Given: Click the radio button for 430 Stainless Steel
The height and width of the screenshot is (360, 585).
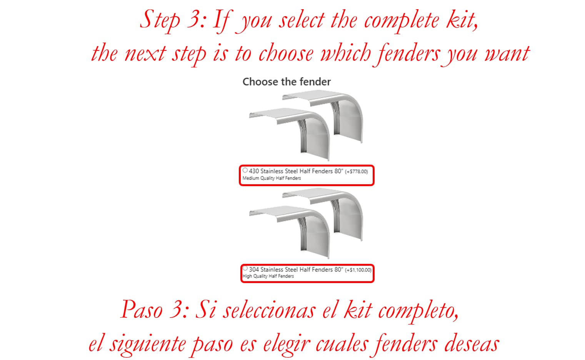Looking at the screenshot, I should coord(245,170).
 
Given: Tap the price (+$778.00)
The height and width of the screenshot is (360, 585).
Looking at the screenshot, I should coord(356,172).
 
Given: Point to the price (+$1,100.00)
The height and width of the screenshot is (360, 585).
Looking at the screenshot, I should coord(358,270).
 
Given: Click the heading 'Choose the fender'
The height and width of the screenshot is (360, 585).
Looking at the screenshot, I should coord(287,82).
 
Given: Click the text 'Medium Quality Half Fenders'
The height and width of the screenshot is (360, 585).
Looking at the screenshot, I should coord(272,178).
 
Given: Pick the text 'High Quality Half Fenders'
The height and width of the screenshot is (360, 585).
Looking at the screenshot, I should coord(268,276).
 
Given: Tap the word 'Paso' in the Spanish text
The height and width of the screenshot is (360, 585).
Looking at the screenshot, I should coord(142,310).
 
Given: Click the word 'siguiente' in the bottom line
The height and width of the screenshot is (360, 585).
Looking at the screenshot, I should coord(148,344).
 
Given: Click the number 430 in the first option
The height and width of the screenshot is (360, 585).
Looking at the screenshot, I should coord(254,171).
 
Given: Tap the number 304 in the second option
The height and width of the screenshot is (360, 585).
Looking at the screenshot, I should coord(254,270).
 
